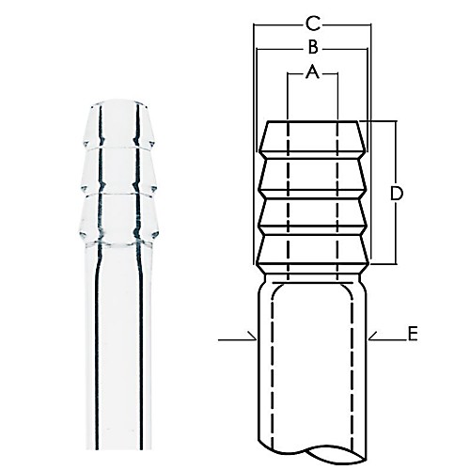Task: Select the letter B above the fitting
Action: [312, 47]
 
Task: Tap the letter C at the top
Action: [313, 22]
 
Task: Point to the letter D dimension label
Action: [397, 193]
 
